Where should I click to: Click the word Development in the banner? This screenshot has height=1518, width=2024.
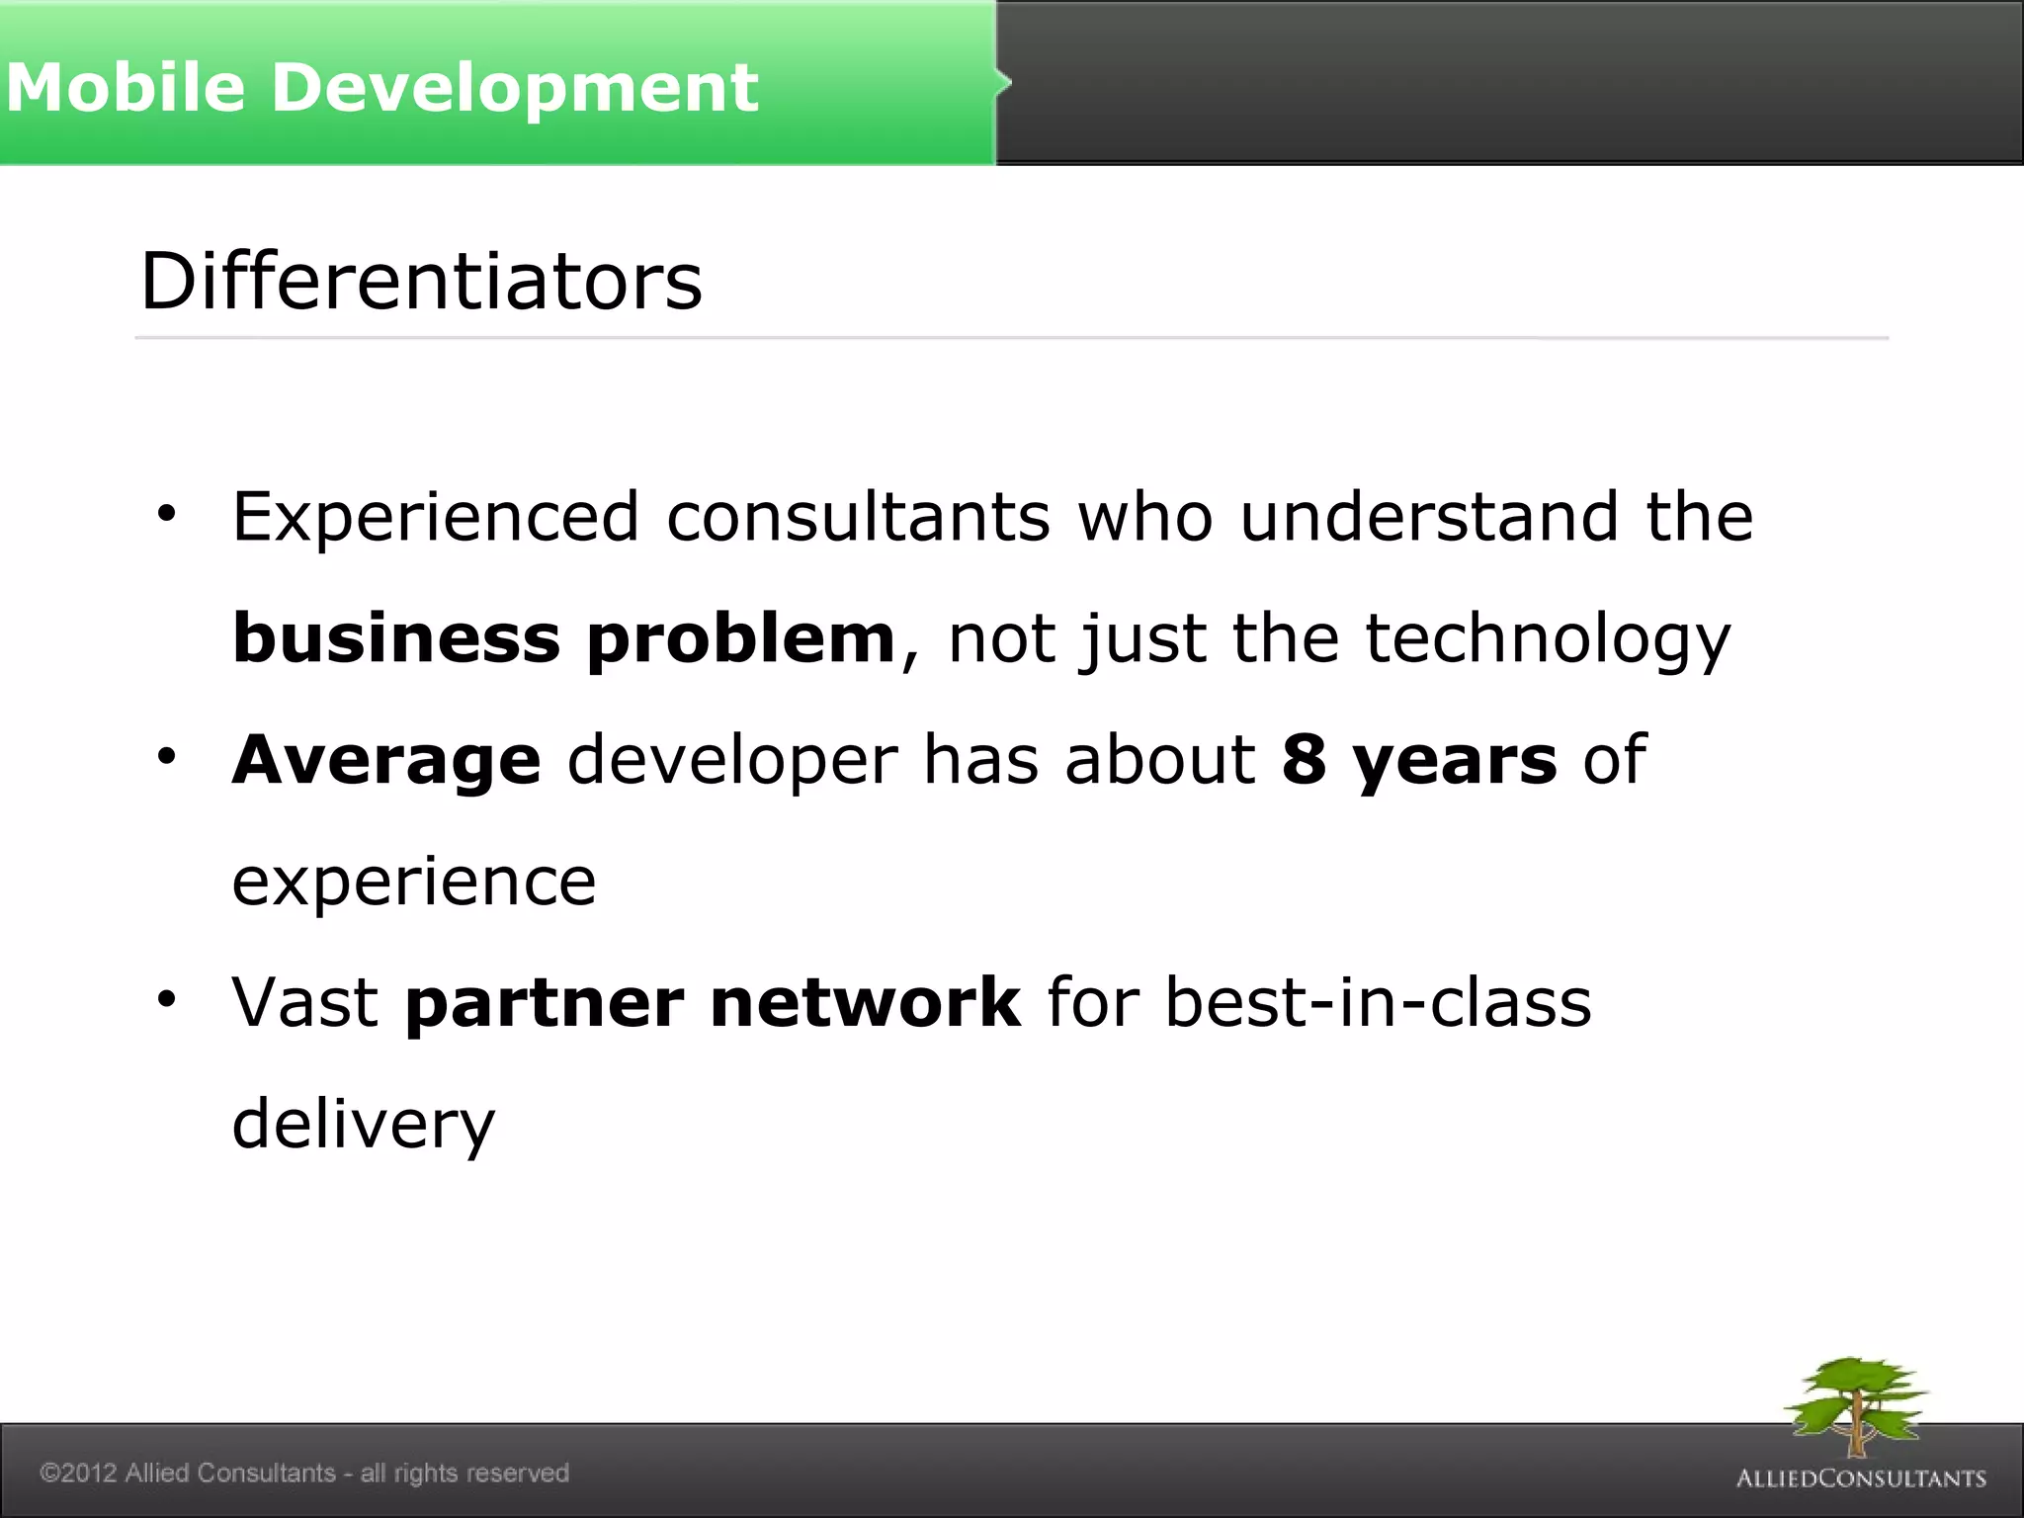[x=514, y=87]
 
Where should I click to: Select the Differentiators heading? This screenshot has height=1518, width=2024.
[x=421, y=281]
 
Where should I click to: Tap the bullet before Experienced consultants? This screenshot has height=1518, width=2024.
[x=166, y=514]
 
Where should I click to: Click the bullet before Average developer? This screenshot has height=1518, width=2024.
[x=166, y=757]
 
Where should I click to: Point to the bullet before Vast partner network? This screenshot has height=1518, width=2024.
[x=166, y=999]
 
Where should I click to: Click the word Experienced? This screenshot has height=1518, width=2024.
[x=436, y=517]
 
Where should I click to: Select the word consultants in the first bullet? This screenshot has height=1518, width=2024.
[x=858, y=517]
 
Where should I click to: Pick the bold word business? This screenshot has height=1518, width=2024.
[x=396, y=638]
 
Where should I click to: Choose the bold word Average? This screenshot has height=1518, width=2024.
[x=386, y=760]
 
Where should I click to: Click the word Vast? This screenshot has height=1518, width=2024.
[x=305, y=1003]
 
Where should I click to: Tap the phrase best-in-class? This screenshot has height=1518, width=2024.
[x=1379, y=1003]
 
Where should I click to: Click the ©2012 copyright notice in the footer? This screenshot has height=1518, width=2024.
[x=304, y=1473]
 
